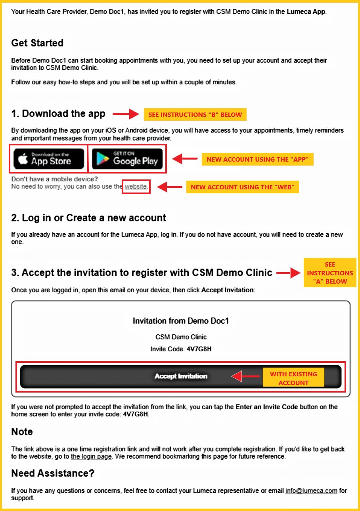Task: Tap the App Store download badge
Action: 49,158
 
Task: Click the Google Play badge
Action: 127,158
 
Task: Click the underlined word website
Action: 136,187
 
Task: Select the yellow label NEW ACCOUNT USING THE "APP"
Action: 258,159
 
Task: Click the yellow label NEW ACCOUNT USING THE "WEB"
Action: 242,187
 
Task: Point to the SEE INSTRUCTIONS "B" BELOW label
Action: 195,114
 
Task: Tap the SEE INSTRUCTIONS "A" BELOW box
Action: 330,273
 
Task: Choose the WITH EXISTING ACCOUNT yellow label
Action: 293,378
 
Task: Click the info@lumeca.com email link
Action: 311,491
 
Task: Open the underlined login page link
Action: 91,456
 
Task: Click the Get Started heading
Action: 37,43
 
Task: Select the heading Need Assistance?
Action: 53,473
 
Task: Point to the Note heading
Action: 22,431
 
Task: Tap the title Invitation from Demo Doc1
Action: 181,321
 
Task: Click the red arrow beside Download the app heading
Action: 126,114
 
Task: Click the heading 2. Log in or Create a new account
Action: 89,217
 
